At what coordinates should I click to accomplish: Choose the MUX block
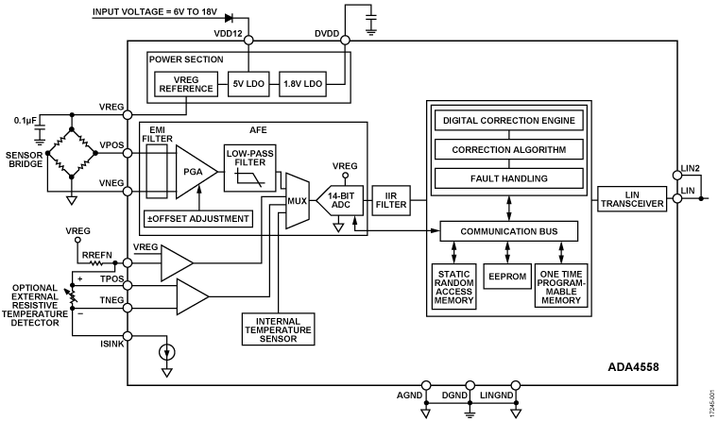pos(294,199)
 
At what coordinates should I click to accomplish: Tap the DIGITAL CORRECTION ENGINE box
pos(507,121)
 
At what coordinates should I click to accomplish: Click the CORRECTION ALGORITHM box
pos(507,149)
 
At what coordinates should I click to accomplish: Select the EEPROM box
pos(508,280)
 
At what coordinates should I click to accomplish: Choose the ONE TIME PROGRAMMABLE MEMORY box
pos(561,285)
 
